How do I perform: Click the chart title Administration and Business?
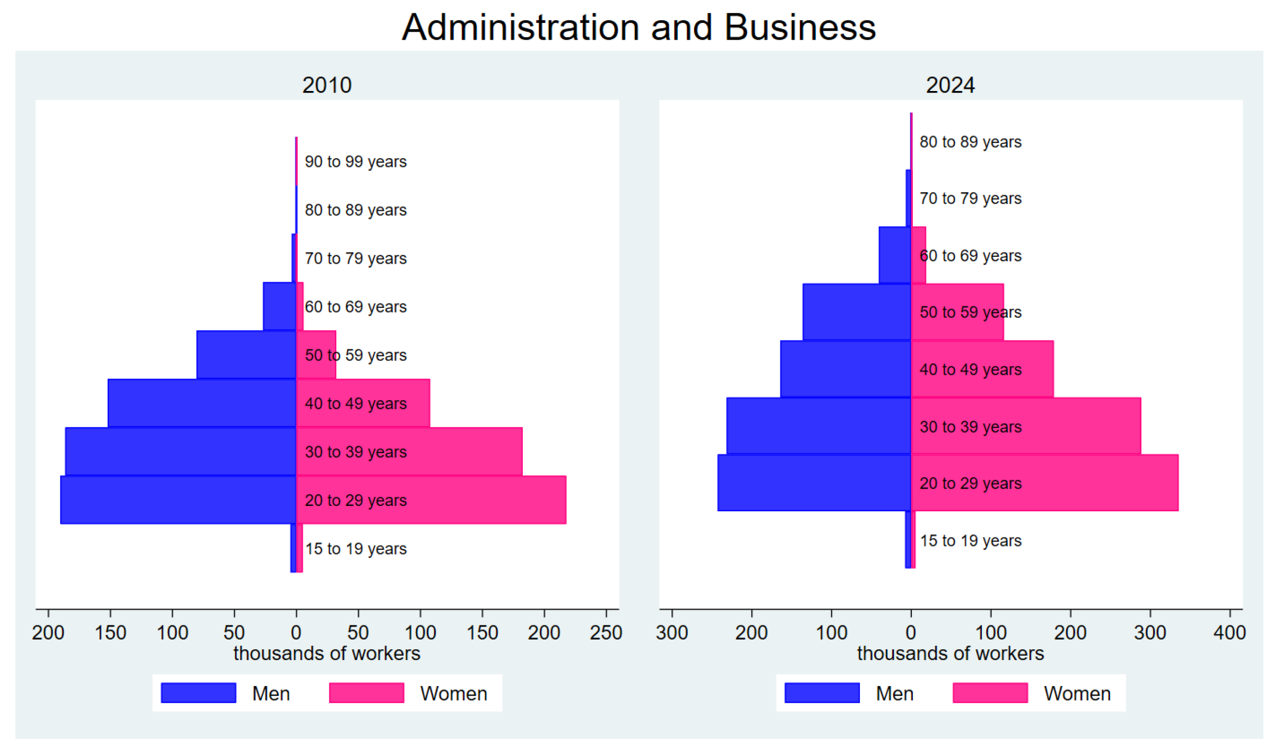tap(638, 27)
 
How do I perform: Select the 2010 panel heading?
tap(327, 85)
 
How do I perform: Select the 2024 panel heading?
tap(950, 85)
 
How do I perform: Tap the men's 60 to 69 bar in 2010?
tap(279, 306)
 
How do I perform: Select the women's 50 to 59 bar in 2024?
tap(966, 312)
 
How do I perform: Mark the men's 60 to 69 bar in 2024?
tap(894, 254)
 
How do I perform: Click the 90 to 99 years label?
tap(355, 161)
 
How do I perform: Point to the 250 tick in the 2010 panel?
tap(606, 633)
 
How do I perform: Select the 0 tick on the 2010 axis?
tap(296, 633)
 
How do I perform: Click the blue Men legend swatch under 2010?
tap(198, 693)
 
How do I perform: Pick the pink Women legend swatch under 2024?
tap(989, 693)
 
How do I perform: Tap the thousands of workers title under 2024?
tap(950, 653)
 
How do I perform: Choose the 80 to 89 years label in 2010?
tap(355, 210)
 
